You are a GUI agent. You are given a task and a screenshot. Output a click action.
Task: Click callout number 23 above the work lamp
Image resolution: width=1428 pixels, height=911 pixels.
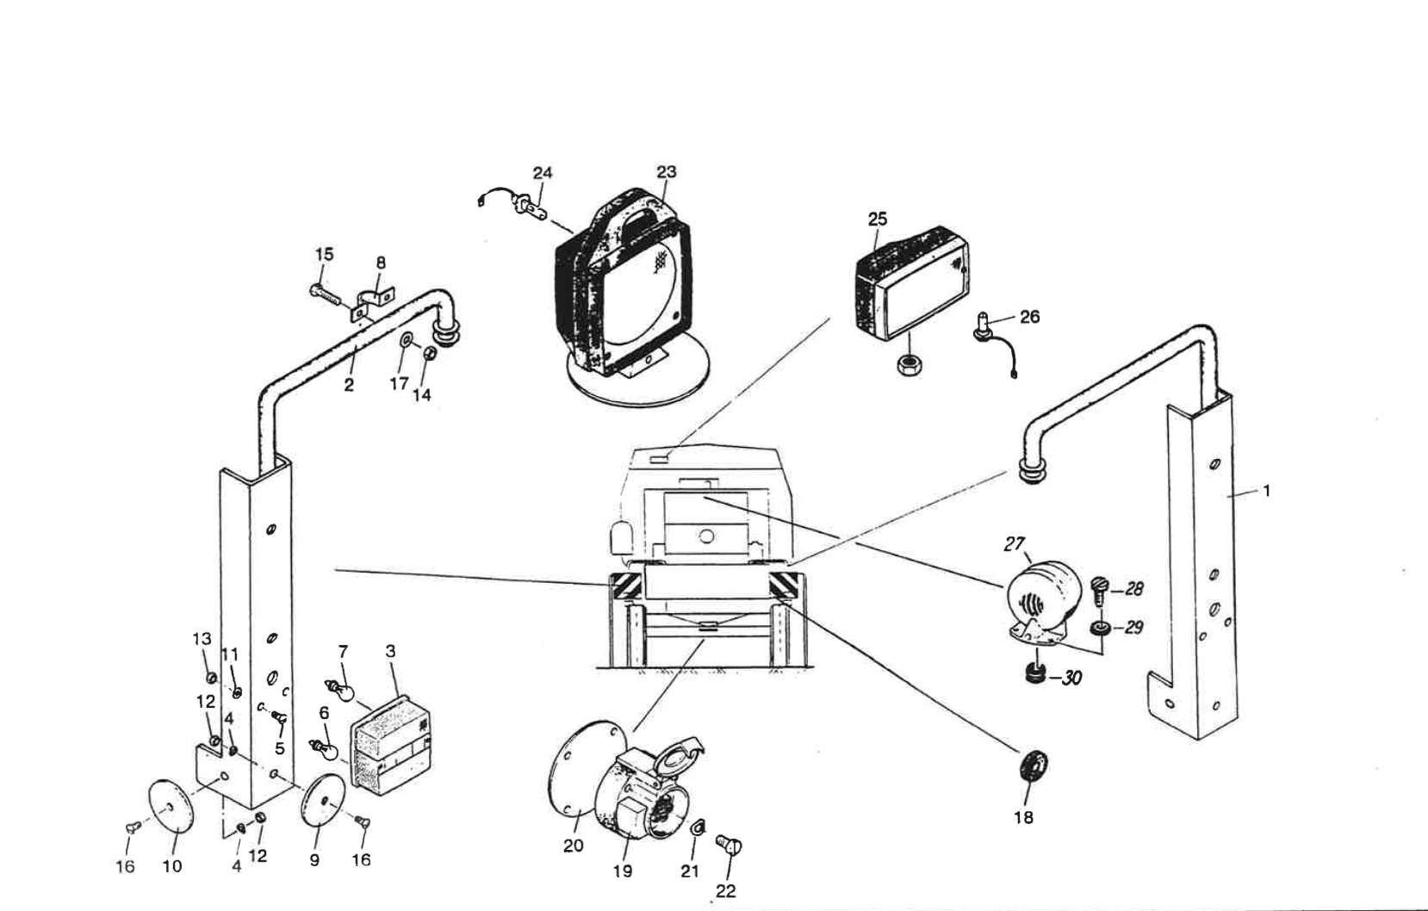click(x=667, y=171)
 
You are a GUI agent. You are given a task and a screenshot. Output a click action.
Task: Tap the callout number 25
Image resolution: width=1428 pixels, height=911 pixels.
click(x=877, y=219)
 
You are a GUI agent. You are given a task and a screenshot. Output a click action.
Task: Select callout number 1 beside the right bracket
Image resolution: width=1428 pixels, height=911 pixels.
click(x=1265, y=491)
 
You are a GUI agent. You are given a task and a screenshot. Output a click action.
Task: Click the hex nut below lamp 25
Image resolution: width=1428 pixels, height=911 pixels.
click(x=910, y=365)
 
